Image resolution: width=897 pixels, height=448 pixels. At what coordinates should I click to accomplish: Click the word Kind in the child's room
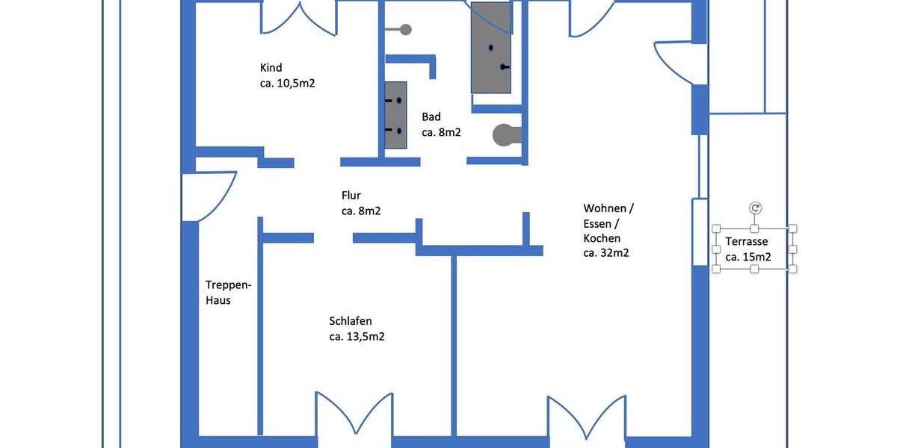[271, 68]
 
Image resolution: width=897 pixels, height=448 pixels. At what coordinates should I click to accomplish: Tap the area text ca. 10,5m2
[287, 84]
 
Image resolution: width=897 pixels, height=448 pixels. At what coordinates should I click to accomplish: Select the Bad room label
[431, 116]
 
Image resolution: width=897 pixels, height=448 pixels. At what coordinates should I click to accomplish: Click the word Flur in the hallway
[351, 196]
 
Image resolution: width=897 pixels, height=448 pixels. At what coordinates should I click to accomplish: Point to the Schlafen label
[351, 321]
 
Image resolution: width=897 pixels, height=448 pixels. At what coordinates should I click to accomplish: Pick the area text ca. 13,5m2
[357, 337]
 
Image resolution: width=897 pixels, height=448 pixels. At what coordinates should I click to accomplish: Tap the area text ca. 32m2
[605, 253]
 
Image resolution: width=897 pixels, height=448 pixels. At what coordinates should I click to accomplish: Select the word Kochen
[602, 238]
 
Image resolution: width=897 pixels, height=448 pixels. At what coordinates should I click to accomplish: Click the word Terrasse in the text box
[746, 242]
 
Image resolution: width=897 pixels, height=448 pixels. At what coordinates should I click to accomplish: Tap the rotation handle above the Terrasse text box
[755, 208]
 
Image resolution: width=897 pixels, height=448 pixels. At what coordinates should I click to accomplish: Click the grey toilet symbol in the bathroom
[506, 134]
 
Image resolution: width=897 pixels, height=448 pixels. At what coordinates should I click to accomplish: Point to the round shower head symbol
[405, 30]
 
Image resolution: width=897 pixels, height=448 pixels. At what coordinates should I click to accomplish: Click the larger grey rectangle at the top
[491, 47]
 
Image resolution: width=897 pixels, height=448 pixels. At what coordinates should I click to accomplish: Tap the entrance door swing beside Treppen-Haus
[209, 196]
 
